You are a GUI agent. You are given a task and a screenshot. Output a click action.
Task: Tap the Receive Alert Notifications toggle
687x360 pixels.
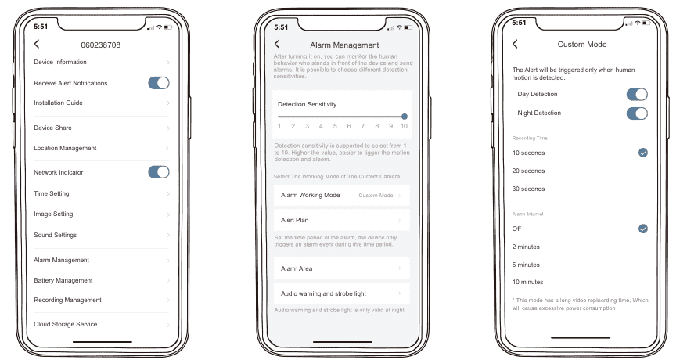pyautogui.click(x=159, y=83)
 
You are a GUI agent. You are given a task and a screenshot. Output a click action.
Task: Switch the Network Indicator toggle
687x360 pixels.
pyautogui.click(x=159, y=172)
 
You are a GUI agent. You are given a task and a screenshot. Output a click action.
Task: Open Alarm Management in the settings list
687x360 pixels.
pyautogui.click(x=61, y=260)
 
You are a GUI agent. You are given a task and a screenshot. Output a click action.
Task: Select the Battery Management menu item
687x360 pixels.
pyautogui.click(x=63, y=280)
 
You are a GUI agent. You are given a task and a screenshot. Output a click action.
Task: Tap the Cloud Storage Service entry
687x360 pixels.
pyautogui.click(x=65, y=324)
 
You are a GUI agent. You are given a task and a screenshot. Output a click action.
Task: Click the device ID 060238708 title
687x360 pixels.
pyautogui.click(x=100, y=45)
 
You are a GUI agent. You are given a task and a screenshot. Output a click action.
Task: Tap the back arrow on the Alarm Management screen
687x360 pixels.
pyautogui.click(x=277, y=44)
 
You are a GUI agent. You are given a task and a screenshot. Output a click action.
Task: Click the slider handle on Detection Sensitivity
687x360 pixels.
pyautogui.click(x=405, y=117)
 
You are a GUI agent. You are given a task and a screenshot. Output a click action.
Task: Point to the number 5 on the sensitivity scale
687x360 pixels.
pyautogui.click(x=335, y=126)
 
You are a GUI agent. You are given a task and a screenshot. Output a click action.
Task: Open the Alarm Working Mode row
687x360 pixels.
pyautogui.click(x=342, y=196)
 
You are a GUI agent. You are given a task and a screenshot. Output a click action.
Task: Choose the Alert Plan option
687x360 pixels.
pyautogui.click(x=342, y=220)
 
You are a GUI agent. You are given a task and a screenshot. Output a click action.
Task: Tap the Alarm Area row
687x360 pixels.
pyautogui.click(x=342, y=268)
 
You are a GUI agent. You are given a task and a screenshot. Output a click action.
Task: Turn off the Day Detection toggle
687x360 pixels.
pyautogui.click(x=637, y=94)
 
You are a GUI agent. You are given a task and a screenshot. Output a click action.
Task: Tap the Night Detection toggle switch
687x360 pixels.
pyautogui.click(x=637, y=113)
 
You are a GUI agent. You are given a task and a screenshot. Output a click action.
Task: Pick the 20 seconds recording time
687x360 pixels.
pyautogui.click(x=528, y=171)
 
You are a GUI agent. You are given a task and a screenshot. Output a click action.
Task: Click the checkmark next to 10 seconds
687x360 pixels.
pyautogui.click(x=642, y=153)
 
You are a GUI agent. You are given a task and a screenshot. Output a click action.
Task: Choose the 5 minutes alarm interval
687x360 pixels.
pyautogui.click(x=526, y=265)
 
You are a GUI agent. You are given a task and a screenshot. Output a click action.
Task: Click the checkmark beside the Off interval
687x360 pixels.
pyautogui.click(x=642, y=229)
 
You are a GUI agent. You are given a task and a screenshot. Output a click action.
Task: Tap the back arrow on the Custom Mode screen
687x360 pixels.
pyautogui.click(x=515, y=44)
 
